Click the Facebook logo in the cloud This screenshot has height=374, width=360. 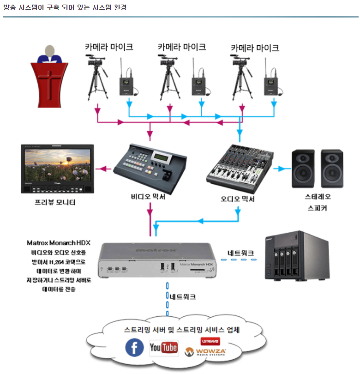coord(135,348)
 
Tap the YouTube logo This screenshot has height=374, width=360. coord(164,348)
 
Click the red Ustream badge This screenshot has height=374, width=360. coord(210,341)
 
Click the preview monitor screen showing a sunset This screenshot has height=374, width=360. coord(57,165)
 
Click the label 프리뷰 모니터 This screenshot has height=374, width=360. coord(55,202)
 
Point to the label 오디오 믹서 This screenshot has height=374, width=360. coord(238,199)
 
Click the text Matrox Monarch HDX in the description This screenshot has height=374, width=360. coord(59,242)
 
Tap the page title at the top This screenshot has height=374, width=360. coord(65,7)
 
